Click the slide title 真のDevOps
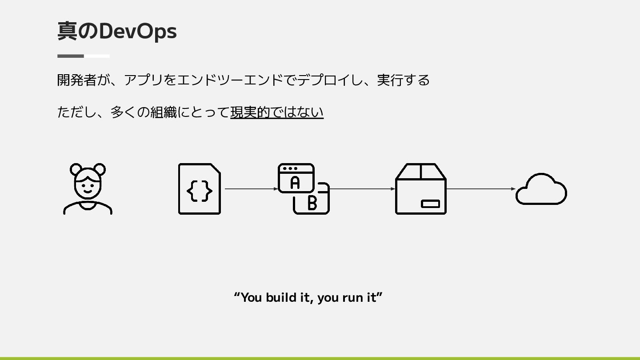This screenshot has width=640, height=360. click(117, 31)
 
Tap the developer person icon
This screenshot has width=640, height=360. click(88, 189)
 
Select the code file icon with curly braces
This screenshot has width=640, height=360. click(199, 189)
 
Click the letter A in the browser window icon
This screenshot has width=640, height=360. click(295, 182)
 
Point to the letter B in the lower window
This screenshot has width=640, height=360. click(312, 203)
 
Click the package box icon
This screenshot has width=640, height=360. click(420, 189)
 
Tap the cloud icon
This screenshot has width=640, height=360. click(541, 190)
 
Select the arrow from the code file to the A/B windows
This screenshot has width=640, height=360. click(252, 189)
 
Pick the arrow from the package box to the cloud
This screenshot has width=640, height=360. click(480, 189)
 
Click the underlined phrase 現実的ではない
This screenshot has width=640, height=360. click(276, 112)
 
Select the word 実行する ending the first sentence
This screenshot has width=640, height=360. click(403, 80)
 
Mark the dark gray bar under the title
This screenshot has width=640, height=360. click(71, 56)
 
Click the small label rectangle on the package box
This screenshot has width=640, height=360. click(430, 204)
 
